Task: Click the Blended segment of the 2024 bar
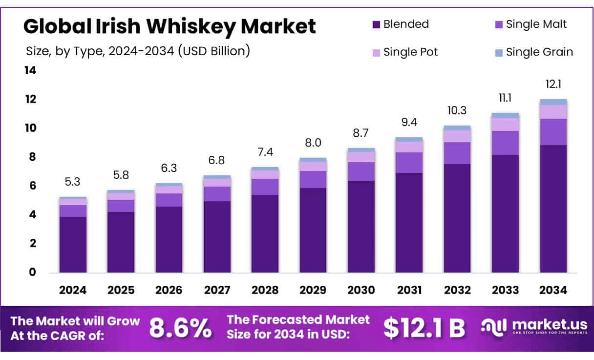[73, 244]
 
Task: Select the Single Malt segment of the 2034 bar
[553, 132]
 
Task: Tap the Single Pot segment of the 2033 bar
[505, 125]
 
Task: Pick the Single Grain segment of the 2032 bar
[457, 128]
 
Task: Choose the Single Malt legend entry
[530, 24]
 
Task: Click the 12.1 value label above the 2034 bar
[553, 85]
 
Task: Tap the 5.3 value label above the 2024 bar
[73, 182]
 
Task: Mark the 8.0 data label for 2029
[313, 143]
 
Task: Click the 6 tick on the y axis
[33, 186]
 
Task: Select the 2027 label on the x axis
[217, 290]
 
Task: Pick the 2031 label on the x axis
[409, 290]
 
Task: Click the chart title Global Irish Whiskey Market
[170, 26]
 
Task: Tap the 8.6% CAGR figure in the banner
[180, 328]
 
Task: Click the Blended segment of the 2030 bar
[361, 226]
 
